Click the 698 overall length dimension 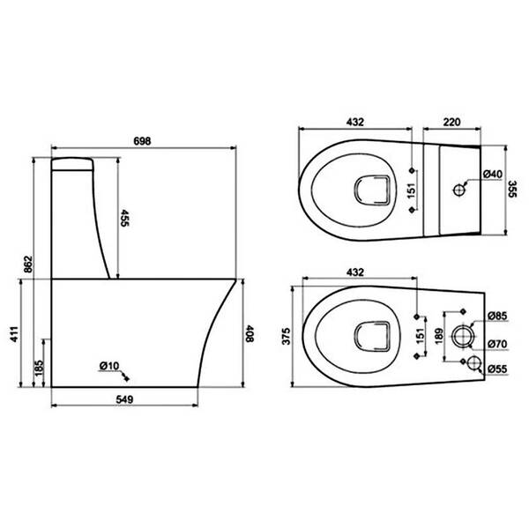(142, 141)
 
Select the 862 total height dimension (28, 264)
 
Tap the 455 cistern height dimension (124, 218)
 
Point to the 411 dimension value (14, 334)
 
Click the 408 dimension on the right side (250, 333)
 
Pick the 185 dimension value (39, 368)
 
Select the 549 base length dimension (124, 399)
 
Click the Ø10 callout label (109, 366)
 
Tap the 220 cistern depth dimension (451, 122)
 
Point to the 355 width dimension (512, 190)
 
